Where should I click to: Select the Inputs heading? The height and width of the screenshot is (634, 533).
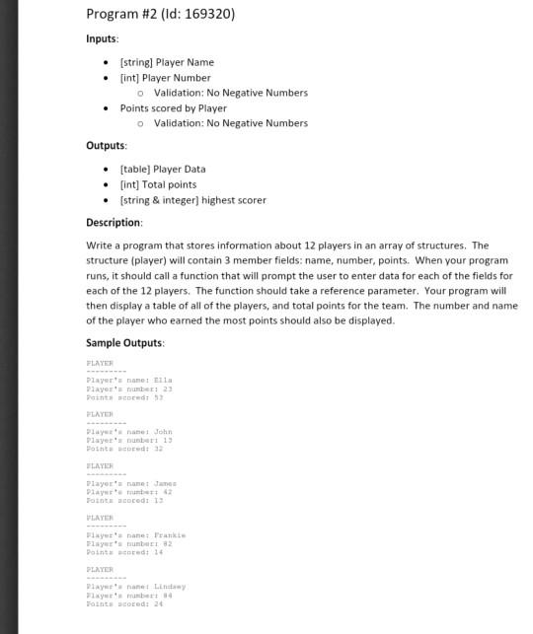tap(102, 38)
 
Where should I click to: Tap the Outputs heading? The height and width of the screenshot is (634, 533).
tap(107, 146)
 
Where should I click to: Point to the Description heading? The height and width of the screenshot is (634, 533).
tap(114, 223)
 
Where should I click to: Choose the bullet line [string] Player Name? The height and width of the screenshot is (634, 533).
tap(166, 62)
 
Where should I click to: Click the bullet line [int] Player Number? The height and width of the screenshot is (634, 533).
tap(165, 78)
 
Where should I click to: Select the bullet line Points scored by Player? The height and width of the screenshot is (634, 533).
tap(173, 108)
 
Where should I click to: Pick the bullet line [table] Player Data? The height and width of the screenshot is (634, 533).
tap(162, 169)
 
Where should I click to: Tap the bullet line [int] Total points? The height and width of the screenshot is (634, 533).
tap(158, 184)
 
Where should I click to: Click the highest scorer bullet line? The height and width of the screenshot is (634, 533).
tap(192, 200)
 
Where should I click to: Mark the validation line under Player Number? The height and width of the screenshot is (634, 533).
tap(230, 93)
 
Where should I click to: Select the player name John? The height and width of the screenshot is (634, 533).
tap(163, 431)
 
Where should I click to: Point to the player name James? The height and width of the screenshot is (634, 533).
tap(165, 483)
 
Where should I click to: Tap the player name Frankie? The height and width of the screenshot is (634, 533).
tap(169, 534)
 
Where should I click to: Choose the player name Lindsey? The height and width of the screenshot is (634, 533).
tap(169, 586)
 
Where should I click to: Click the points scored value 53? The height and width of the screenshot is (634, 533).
tap(156, 396)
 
